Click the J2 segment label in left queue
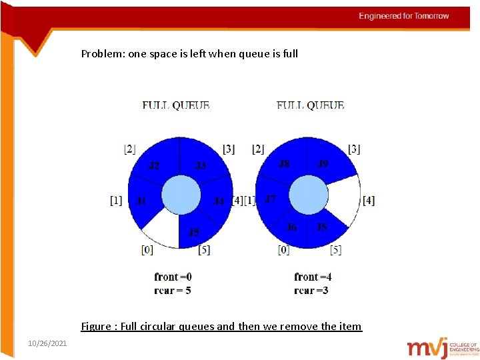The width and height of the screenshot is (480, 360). coord(154,165)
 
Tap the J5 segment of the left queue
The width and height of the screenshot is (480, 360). coord(193,232)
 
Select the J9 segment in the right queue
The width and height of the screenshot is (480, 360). coord(323,163)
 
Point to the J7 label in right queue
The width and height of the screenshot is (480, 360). coord(270,199)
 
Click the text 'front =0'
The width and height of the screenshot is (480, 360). coord(173,277)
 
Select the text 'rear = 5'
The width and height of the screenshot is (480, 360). coord(173,290)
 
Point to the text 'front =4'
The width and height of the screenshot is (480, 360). coord(313,277)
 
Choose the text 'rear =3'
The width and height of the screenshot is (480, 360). coord(311,290)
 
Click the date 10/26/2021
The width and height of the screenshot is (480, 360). coord(47,343)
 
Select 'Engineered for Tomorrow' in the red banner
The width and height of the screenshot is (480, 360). coord(404,16)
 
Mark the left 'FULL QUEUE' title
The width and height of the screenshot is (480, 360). coord(176,105)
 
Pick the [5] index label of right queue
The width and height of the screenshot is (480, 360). coord(336,250)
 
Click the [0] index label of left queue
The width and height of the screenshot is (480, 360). coord(147,250)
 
